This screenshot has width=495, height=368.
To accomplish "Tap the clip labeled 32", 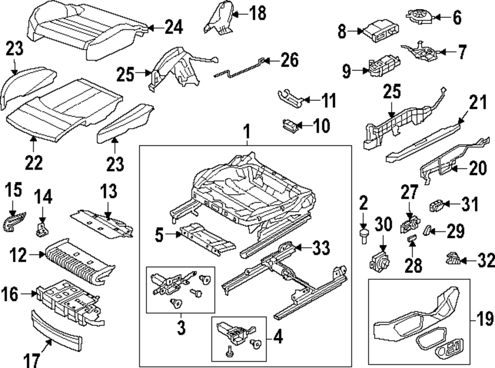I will coord(452,257).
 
